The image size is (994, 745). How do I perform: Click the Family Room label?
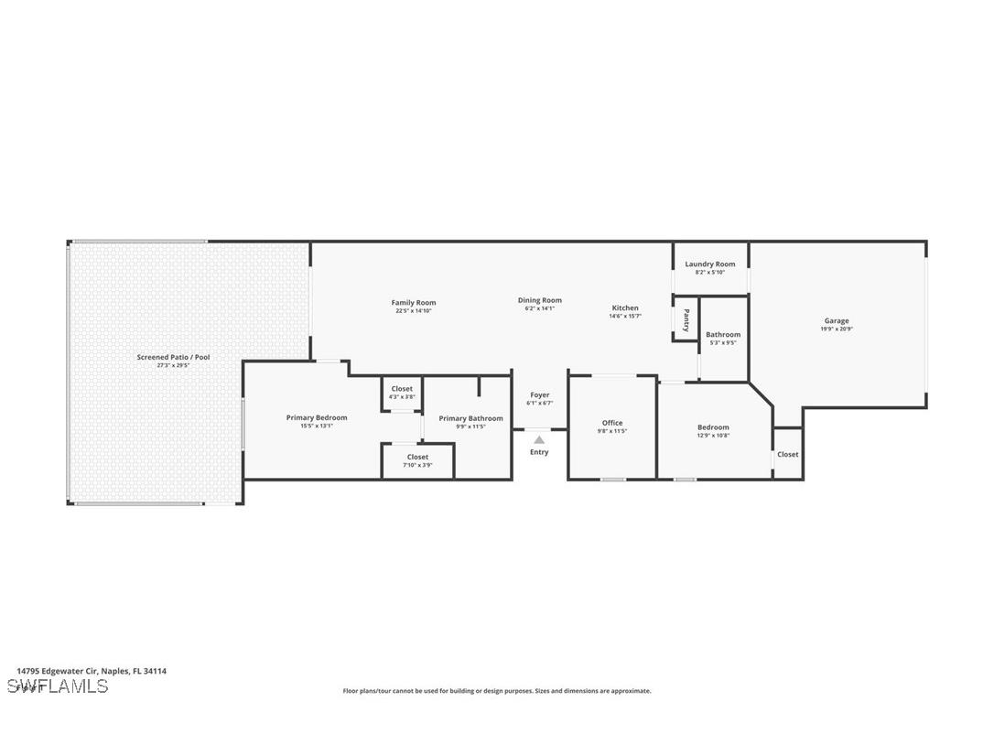414,303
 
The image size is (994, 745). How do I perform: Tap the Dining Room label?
540,300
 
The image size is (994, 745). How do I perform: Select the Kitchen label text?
625,308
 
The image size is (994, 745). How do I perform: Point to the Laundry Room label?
710,265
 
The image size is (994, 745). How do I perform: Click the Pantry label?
686,319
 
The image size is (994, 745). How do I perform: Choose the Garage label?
836,321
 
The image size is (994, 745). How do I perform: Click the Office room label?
612,423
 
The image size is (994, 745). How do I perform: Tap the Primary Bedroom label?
317,418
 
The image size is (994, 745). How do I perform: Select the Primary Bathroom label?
470,418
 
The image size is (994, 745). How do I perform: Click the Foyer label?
540,395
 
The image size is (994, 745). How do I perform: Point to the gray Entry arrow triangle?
539,440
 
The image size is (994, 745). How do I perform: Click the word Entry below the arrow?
539,452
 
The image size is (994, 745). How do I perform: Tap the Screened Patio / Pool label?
173,357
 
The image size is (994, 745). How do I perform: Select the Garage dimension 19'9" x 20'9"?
836,329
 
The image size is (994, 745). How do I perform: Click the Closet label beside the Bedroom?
788,454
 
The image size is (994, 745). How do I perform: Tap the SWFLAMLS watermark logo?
57,686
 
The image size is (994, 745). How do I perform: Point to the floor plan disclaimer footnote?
497,691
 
